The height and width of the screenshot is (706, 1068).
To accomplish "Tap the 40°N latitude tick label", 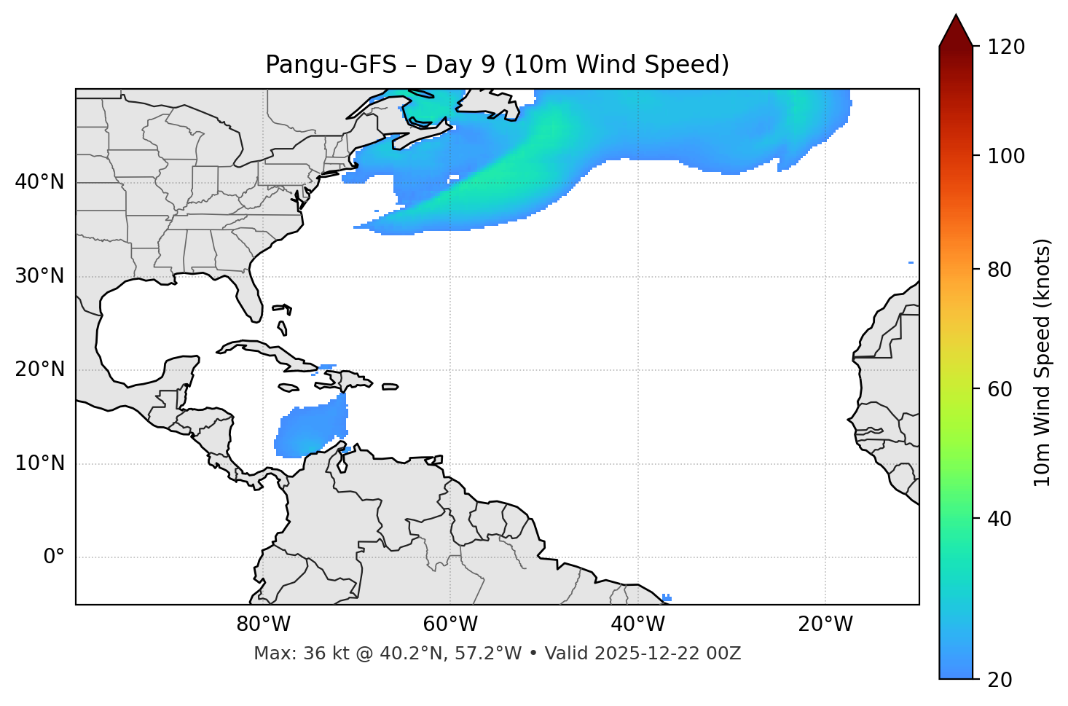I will point(39,182).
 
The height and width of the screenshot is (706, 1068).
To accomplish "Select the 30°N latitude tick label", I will point(39,276).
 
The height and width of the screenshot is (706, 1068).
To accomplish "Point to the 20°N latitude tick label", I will point(39,369).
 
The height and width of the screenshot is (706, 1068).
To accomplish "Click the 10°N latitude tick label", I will point(39,463).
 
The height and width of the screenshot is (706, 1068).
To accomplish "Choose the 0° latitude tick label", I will point(54,557).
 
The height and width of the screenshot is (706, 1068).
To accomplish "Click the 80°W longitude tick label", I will point(263,624).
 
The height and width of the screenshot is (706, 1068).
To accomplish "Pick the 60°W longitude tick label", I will point(450,624).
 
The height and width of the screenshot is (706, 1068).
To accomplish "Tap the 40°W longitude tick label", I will point(637,624).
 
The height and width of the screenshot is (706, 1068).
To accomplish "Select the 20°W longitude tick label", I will point(825,624).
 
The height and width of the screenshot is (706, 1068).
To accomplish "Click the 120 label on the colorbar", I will point(1006,47).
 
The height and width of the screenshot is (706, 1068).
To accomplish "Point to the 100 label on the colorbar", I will point(1006,156).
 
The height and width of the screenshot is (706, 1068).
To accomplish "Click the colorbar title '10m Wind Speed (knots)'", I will point(1043,362).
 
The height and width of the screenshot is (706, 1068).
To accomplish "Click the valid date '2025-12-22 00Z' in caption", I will point(667,654).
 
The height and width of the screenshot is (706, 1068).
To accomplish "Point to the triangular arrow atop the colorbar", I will point(956,31).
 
